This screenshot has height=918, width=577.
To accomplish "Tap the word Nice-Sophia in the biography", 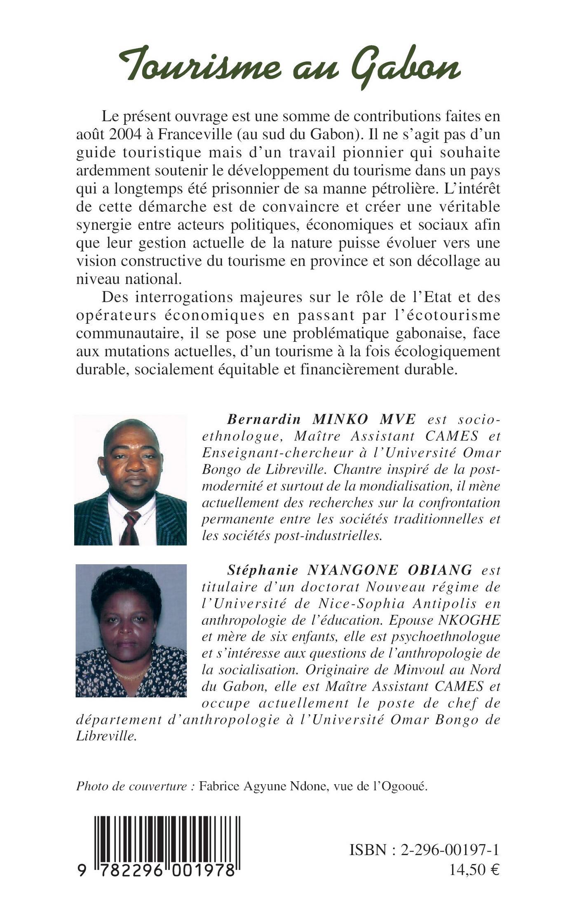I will tap(354, 603).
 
